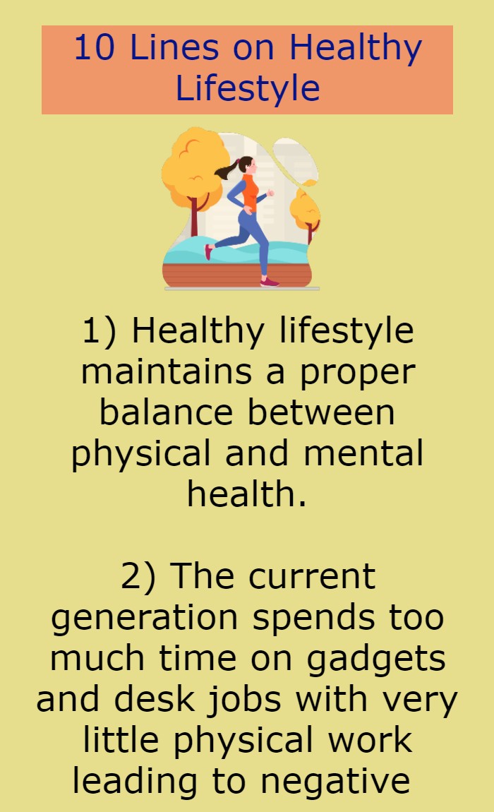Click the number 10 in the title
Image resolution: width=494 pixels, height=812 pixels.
tap(95, 47)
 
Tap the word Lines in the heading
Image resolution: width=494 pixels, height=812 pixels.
tap(174, 47)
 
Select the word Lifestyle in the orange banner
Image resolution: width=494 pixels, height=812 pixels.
tap(248, 88)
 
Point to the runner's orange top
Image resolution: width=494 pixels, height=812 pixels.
tap(250, 191)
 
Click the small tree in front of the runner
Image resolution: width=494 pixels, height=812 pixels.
tap(306, 210)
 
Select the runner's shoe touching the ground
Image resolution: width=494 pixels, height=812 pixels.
tap(270, 282)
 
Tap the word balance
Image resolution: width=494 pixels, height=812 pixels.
tap(167, 412)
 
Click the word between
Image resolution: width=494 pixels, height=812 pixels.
tap(321, 412)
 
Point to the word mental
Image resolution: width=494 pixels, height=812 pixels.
tap(363, 453)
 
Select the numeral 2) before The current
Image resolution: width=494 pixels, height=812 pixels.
tap(138, 576)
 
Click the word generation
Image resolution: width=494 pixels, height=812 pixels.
tap(145, 618)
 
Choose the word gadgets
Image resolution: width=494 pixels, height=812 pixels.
tap(376, 659)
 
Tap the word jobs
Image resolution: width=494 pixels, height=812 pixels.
tap(244, 700)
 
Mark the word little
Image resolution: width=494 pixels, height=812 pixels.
tap(121, 740)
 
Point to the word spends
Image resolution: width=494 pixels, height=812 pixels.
tap(313, 618)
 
